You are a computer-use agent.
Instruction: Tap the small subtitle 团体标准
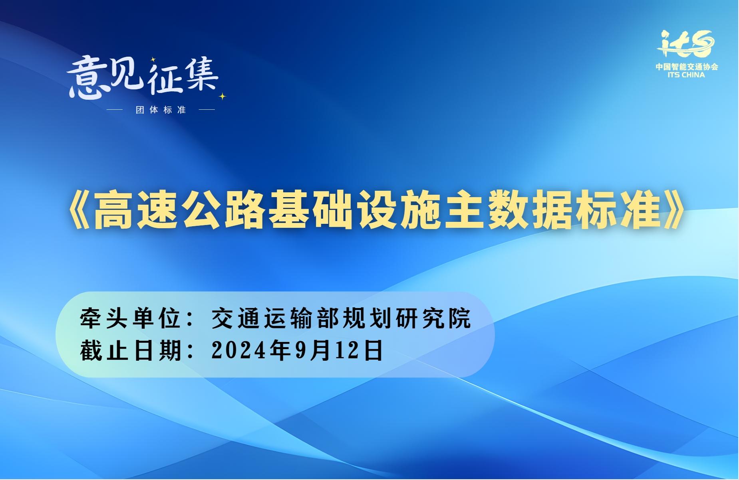click(161, 110)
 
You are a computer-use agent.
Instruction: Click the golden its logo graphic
click(685, 44)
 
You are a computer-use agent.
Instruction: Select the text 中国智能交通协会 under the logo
click(687, 67)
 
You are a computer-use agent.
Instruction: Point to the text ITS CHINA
click(686, 75)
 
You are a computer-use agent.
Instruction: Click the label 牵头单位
click(131, 318)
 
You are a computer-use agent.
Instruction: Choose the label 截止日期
click(131, 350)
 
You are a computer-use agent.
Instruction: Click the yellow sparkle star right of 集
click(222, 96)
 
